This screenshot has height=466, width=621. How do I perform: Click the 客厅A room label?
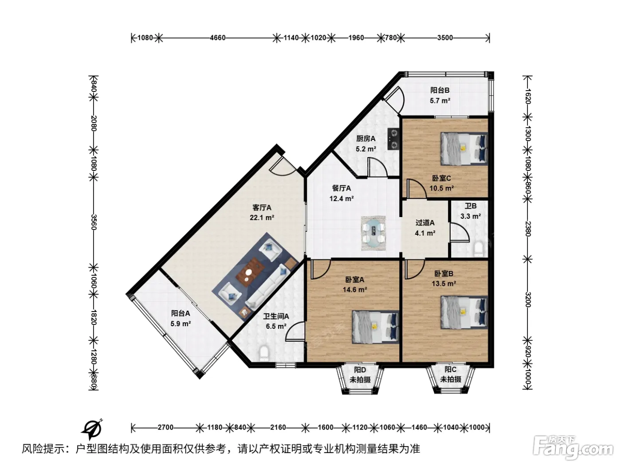point(261,208)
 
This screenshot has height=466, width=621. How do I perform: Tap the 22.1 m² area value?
point(262,217)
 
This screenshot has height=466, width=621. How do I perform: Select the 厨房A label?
point(366,138)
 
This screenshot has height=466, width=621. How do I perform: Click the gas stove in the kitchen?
point(393,139)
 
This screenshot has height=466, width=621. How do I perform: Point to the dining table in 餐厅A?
point(373,233)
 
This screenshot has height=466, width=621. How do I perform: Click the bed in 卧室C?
point(464,149)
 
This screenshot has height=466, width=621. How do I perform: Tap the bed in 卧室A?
point(375,328)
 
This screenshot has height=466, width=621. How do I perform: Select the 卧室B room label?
point(444,273)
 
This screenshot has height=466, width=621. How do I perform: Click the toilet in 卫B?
point(479,249)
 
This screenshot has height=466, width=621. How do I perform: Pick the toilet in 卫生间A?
point(263,354)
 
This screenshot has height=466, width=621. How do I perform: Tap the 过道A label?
point(425,223)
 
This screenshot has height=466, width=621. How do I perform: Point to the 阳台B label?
point(440,90)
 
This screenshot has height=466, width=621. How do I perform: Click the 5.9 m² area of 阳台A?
point(181,324)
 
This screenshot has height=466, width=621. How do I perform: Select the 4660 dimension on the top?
point(217,38)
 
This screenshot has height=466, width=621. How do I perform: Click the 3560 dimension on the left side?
point(94,222)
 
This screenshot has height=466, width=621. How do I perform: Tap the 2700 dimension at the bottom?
point(165,427)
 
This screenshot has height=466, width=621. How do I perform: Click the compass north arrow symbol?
point(92,430)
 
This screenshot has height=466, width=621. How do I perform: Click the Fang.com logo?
point(573,448)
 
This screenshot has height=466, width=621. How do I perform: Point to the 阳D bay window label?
point(360,370)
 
